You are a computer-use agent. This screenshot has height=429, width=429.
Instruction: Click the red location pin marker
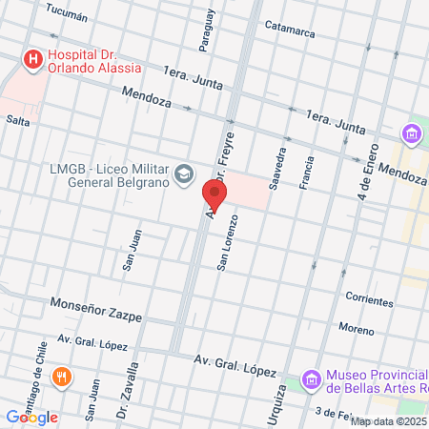214,195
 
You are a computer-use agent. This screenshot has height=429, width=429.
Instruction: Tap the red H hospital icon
33,60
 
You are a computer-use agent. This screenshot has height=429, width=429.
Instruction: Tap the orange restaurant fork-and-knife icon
61,376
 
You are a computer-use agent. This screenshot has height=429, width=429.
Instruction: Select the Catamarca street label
290,31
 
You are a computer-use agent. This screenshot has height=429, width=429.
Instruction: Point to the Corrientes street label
369,300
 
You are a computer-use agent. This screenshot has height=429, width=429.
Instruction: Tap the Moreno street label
356,328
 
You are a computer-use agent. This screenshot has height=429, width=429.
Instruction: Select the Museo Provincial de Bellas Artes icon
310,380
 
